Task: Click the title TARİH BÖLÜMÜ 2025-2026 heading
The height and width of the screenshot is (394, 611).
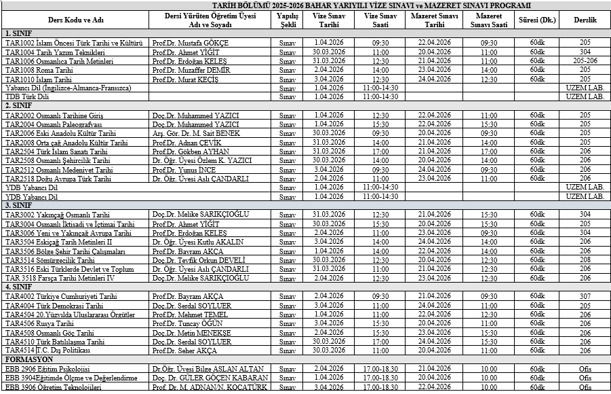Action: (305, 5)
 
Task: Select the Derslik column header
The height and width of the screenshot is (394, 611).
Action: (585, 19)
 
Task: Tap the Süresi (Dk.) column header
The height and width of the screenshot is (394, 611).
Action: (537, 19)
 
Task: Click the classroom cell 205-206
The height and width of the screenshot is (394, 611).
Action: (585, 60)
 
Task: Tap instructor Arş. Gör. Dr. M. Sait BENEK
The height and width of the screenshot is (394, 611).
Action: (197, 133)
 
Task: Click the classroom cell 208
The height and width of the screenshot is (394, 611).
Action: (585, 259)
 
